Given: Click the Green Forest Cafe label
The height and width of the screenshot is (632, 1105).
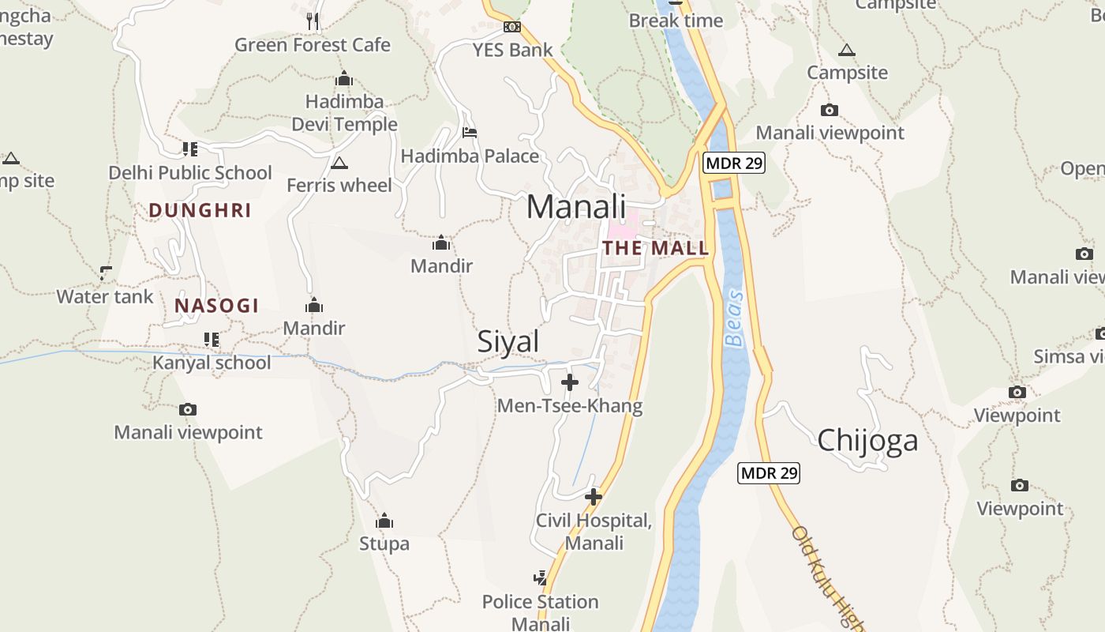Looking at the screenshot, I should tap(313, 45).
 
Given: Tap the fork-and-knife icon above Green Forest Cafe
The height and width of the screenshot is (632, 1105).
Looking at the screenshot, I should tap(313, 21).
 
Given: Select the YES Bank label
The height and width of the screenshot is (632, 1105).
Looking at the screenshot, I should tap(513, 50).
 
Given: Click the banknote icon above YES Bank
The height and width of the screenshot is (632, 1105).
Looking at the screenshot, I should tap(512, 27).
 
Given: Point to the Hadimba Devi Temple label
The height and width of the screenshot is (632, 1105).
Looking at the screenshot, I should tap(345, 113).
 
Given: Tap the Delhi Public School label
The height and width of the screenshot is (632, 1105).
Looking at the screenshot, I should tap(190, 172).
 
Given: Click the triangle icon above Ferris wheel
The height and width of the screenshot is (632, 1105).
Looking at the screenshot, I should tap(339, 164).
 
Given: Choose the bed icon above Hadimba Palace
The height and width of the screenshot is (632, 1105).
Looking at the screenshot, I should tap(470, 133).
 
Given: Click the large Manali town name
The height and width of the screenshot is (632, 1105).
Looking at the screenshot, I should tap(576, 207).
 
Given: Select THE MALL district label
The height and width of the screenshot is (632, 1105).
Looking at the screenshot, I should tap(656, 248).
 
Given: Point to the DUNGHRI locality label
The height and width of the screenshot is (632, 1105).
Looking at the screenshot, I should tap(200, 210).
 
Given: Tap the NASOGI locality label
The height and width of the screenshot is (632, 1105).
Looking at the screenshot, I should tap(217, 306).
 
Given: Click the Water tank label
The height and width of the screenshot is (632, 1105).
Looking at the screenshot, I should tap(105, 297).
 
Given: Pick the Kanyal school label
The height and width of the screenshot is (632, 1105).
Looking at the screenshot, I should tap(212, 363).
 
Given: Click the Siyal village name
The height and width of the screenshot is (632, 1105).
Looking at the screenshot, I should tap(508, 341).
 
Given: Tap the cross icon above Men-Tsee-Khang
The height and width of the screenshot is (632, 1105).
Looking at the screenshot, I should tap(569, 382).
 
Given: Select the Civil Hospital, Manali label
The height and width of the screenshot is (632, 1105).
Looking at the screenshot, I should tap(594, 532).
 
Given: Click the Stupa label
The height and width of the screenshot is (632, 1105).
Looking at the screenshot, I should tap(384, 544).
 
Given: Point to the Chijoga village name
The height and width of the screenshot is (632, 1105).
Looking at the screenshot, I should tap(867, 440).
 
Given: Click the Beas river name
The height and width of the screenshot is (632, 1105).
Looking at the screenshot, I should tap(735, 318).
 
